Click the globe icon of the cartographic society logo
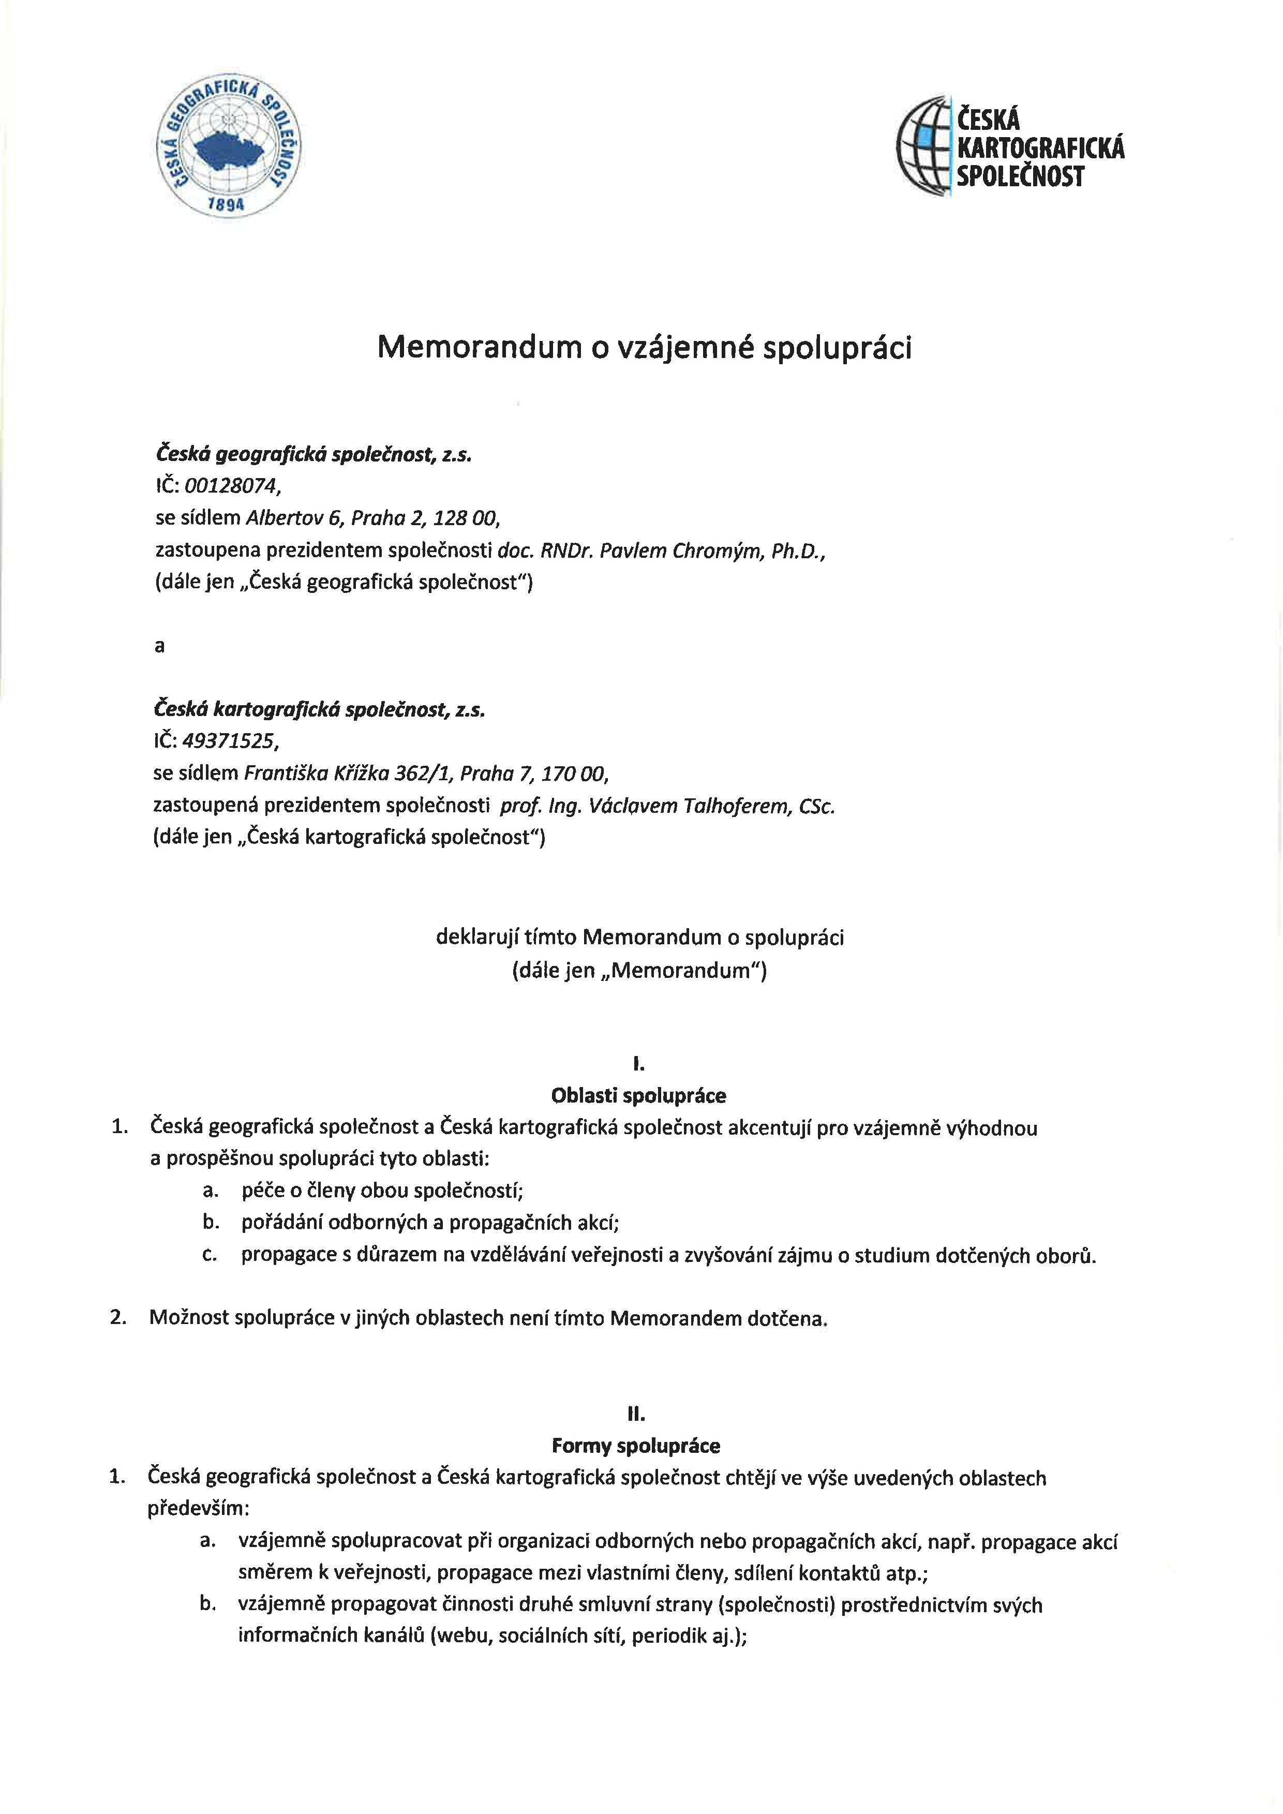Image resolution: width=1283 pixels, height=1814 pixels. tap(924, 146)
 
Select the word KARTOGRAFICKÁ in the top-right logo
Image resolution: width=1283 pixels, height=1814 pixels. tap(1040, 148)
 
